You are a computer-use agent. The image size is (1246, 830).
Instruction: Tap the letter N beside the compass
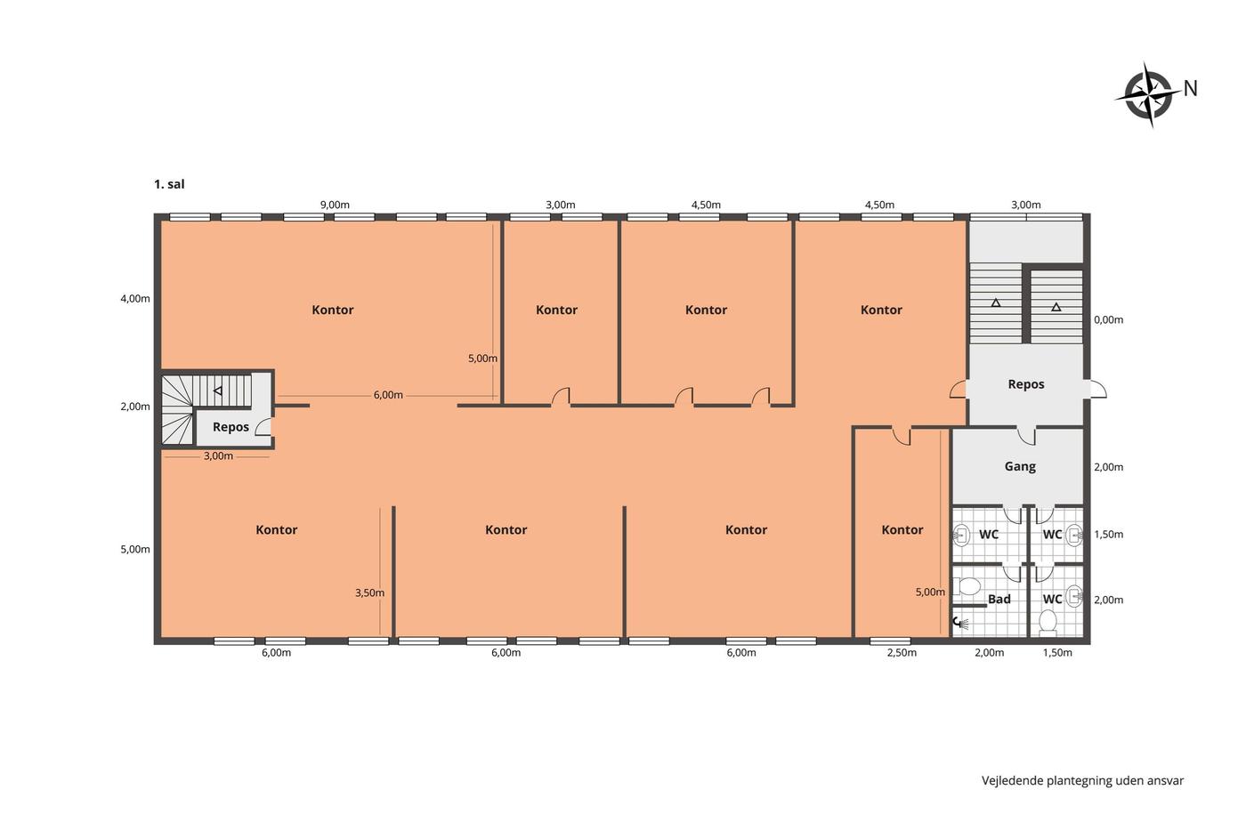[x=1191, y=88]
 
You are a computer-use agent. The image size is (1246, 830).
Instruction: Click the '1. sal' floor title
[x=169, y=184]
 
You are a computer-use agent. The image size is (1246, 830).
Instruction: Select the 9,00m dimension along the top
[x=335, y=205]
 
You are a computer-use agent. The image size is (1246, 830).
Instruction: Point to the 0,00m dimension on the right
[x=1109, y=319]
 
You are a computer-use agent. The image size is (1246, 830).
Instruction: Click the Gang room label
[x=1020, y=466]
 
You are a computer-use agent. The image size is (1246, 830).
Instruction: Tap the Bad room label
[x=999, y=600]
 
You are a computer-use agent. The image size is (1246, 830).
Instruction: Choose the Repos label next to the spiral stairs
[x=231, y=427]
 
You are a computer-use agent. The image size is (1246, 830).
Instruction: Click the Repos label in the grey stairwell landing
[x=1026, y=384]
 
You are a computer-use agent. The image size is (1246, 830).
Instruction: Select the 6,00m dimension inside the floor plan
[x=388, y=395]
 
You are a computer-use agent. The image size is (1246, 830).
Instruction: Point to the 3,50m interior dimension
[x=370, y=592]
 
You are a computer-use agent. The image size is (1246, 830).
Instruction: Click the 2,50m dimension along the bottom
[x=902, y=653]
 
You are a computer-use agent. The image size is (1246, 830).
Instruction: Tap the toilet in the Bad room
[x=967, y=586]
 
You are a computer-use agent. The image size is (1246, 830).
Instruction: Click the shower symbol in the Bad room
[x=960, y=623]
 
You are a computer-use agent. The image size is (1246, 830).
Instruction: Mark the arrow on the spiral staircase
[x=218, y=391]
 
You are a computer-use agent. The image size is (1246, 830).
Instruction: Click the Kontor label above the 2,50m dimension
[x=902, y=530]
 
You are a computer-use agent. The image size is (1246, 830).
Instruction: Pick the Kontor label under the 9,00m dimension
[x=333, y=310]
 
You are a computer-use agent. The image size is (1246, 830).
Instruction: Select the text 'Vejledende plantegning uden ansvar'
[x=1082, y=780]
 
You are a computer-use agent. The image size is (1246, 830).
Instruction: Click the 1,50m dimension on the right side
[x=1109, y=535]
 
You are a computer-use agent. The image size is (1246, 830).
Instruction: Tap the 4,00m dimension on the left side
[x=135, y=299]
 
